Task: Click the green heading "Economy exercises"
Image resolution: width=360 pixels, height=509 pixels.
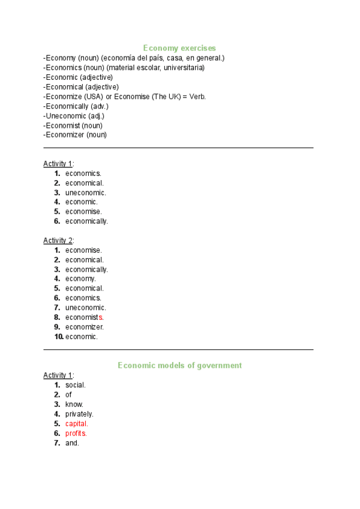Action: point(179,47)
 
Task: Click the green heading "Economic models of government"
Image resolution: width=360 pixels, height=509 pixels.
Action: point(179,365)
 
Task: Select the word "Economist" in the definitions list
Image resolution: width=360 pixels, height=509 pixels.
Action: point(62,125)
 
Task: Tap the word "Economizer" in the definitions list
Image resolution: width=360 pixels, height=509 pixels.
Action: point(64,135)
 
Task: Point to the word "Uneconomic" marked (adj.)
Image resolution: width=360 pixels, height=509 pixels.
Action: point(65,116)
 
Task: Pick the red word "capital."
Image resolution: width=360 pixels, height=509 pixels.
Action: point(77,424)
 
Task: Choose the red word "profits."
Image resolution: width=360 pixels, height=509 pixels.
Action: point(76,433)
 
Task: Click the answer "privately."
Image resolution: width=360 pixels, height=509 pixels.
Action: point(79,414)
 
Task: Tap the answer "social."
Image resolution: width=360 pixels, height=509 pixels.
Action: point(76,385)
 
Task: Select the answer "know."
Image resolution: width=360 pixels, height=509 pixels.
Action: point(74,405)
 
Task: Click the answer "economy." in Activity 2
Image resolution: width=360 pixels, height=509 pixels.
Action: point(80,279)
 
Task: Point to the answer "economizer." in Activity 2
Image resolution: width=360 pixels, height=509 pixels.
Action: point(85,327)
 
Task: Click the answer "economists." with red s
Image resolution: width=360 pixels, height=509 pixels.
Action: point(85,318)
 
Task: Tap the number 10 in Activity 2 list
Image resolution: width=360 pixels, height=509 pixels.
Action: point(58,337)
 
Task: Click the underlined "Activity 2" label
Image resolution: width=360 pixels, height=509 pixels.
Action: point(58,241)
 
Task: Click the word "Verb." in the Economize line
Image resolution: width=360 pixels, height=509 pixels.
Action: point(197,97)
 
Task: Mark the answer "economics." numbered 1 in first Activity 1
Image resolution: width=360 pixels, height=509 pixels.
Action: point(83,173)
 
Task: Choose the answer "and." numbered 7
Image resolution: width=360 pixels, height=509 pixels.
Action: point(72,443)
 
